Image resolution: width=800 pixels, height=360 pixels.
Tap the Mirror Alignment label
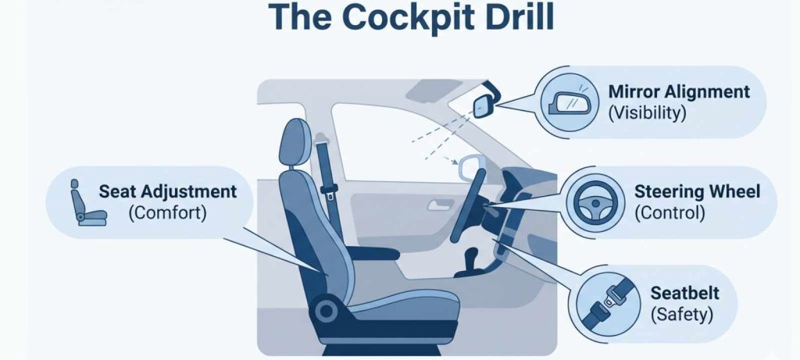678,92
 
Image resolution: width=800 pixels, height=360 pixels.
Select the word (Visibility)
647,112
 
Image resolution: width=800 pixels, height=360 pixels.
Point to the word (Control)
670,212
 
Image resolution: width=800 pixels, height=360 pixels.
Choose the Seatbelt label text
684,294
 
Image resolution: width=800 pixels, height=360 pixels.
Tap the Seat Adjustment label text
167,191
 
